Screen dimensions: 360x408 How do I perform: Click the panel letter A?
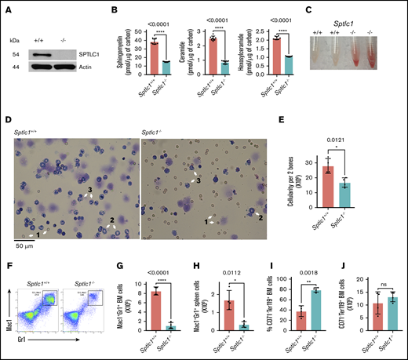point(6,9)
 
